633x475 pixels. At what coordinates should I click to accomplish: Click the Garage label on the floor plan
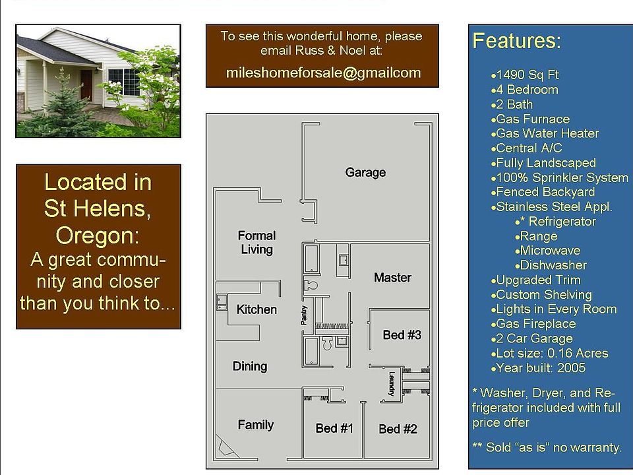[x=365, y=172]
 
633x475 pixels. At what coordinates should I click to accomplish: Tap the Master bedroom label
[x=392, y=278]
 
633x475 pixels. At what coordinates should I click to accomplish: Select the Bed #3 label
[x=402, y=335]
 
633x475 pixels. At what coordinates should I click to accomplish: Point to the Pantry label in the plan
[x=304, y=315]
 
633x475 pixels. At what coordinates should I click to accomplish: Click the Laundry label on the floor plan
[x=392, y=384]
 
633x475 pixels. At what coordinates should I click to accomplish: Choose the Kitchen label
[x=256, y=309]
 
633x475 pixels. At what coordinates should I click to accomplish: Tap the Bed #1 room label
[x=334, y=428]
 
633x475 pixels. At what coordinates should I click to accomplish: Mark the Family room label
[x=256, y=424]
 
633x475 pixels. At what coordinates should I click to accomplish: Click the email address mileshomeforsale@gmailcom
[x=323, y=73]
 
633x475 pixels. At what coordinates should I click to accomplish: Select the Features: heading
[x=517, y=41]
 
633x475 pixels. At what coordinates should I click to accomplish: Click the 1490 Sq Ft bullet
[x=525, y=75]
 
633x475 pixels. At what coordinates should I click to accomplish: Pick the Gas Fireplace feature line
[x=533, y=323]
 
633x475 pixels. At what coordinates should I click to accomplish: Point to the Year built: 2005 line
[x=538, y=368]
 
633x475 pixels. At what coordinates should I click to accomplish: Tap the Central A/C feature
[x=526, y=148]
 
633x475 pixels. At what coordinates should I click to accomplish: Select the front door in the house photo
[x=86, y=85]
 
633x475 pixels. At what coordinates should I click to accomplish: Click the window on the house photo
[x=124, y=82]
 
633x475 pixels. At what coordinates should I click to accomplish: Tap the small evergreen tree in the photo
[x=61, y=103]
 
